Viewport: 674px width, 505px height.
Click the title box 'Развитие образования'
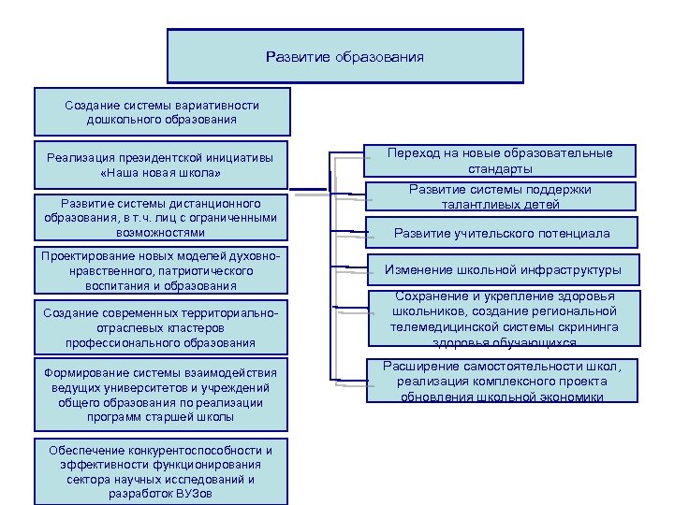344,57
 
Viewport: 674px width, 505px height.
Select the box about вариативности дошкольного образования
162,112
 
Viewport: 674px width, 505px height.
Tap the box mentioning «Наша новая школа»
161,166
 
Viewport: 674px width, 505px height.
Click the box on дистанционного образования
161,217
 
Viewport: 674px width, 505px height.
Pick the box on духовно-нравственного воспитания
161,270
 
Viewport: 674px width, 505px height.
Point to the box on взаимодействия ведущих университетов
161,396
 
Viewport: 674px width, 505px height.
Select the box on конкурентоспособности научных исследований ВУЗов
161,470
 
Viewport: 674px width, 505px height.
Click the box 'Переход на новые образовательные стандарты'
501,161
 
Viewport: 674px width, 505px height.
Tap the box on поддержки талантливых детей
501,197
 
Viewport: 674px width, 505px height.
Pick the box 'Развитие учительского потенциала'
501,233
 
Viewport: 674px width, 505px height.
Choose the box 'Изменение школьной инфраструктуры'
501,270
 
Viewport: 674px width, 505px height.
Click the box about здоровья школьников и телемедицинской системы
501,319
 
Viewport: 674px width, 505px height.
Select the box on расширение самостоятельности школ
501,382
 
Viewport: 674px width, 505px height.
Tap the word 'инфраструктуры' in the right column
574,270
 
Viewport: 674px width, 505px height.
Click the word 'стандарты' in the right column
501,169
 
